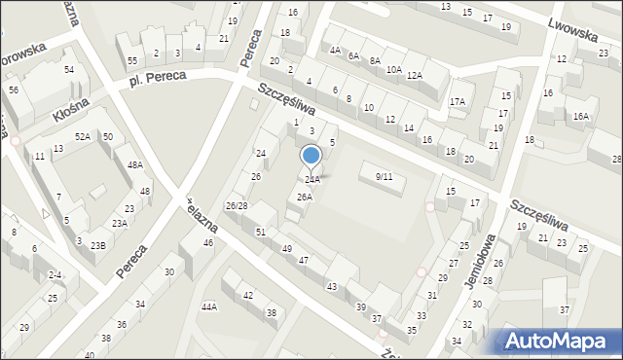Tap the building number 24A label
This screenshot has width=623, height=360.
[x=312, y=180]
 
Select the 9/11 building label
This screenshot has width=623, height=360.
[x=384, y=176]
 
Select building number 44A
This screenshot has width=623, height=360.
[x=209, y=306]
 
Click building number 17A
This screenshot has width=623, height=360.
[x=457, y=101]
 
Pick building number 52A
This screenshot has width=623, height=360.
[x=83, y=137]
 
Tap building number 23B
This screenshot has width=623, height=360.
[x=98, y=245]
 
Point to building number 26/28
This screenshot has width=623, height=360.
[x=237, y=206]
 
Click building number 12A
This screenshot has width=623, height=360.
[x=415, y=75]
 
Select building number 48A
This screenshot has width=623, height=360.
[x=134, y=165]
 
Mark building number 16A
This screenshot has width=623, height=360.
[x=580, y=117]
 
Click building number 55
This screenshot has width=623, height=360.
[x=132, y=60]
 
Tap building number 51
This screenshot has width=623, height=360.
[x=261, y=231]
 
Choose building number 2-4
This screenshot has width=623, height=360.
[x=55, y=275]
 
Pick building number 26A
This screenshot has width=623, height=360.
[x=305, y=197]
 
